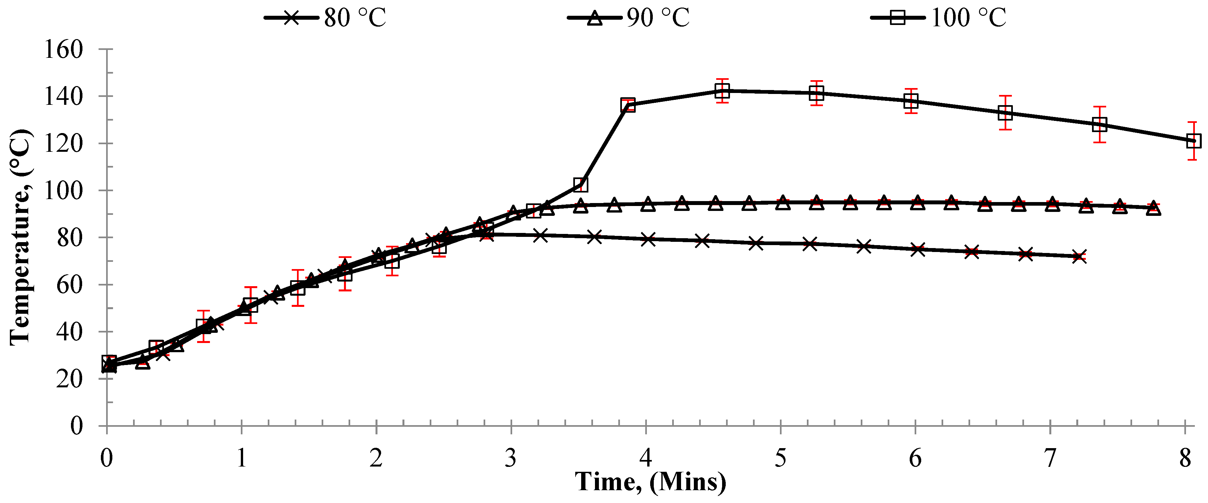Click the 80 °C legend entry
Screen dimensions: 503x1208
tap(325, 18)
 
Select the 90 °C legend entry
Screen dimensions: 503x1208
tap(628, 18)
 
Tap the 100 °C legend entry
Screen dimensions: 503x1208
tap(938, 18)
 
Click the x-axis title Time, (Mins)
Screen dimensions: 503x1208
tap(651, 481)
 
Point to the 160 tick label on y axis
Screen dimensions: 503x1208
tap(63, 49)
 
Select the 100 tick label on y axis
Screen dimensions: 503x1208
tap(63, 190)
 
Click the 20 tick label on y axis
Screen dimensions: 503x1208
tap(69, 379)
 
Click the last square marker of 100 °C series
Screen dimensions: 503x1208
tap(1194, 141)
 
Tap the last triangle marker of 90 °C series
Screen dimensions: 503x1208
tap(1153, 209)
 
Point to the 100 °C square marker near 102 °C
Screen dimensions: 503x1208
tap(581, 184)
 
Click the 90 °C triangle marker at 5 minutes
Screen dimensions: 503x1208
tap(782, 202)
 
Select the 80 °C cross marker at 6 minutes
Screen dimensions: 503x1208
tap(918, 249)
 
